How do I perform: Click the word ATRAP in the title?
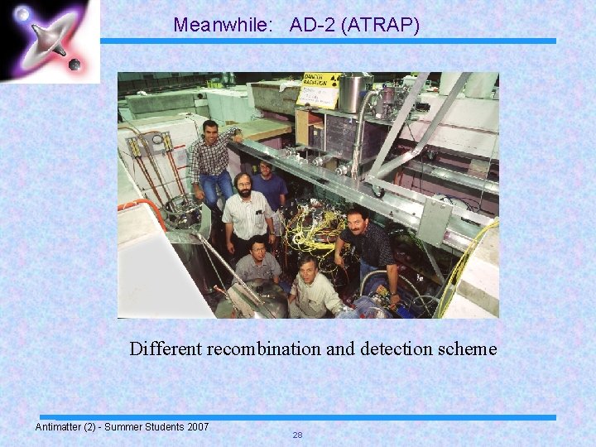click(x=382, y=26)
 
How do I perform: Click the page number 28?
click(x=297, y=435)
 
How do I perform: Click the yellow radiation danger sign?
click(x=319, y=89)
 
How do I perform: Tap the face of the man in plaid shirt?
click(x=210, y=131)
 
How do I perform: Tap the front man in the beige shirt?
click(x=313, y=286)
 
